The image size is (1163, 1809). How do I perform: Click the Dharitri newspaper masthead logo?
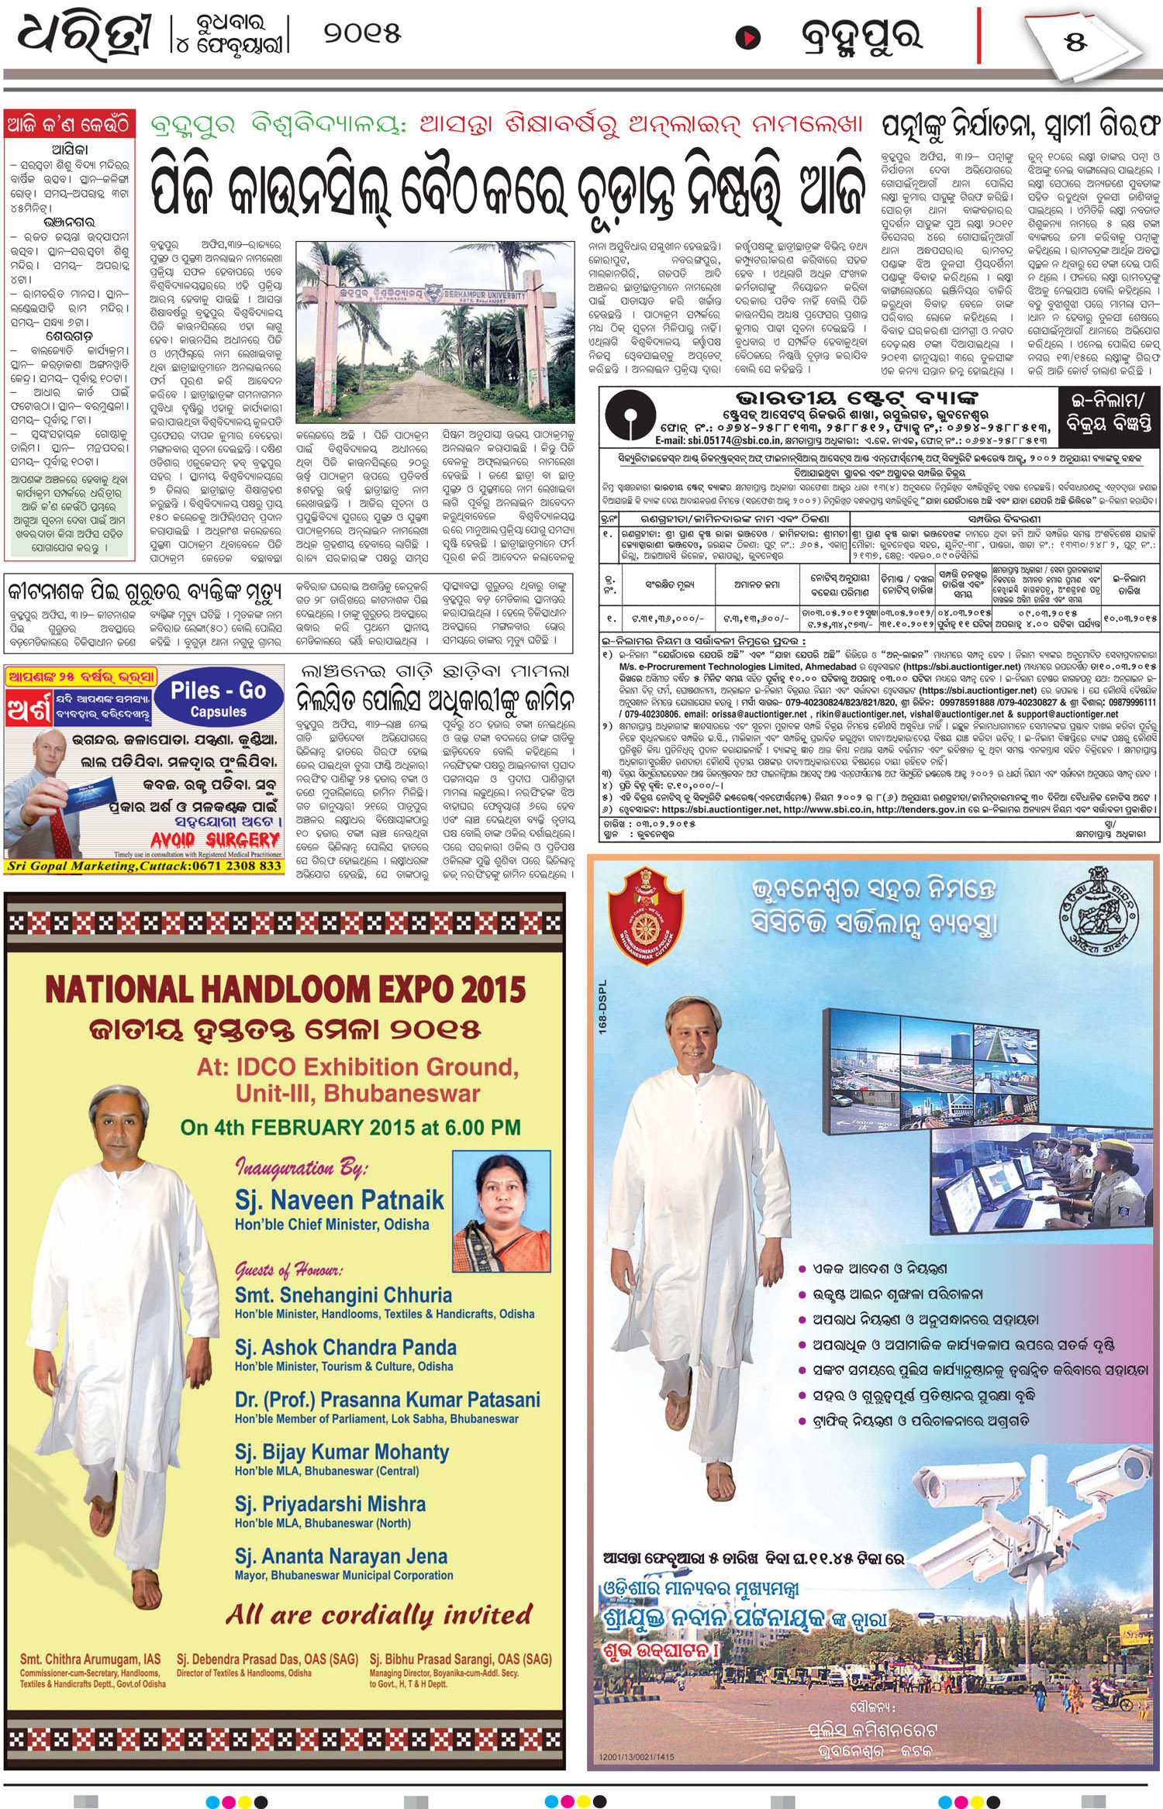(84, 36)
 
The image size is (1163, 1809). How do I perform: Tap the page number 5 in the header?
(1075, 41)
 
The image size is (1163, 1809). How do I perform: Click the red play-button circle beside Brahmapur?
(747, 37)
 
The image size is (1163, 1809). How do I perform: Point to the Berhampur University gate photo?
(435, 331)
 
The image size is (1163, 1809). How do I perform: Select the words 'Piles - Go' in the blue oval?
(218, 691)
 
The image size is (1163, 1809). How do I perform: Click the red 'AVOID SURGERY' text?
(215, 840)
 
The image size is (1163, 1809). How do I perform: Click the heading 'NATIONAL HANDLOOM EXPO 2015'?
(285, 990)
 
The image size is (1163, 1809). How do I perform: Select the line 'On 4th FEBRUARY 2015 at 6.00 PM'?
(350, 1127)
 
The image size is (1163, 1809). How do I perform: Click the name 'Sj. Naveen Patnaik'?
(339, 1201)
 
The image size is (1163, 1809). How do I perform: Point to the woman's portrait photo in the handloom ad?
(501, 1211)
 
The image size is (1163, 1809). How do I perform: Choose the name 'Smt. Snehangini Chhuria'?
(343, 1295)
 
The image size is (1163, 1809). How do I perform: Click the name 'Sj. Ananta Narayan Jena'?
(341, 1556)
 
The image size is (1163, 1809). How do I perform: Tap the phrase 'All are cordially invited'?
(379, 1615)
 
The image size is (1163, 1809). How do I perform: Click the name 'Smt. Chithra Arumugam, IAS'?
(90, 1659)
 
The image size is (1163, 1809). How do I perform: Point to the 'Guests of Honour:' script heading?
(289, 1270)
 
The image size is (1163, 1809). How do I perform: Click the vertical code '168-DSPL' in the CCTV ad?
(604, 1007)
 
